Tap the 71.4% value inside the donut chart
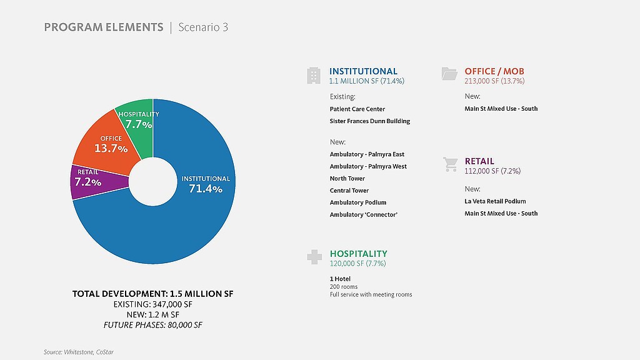click(206, 188)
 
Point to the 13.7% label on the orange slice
click(111, 148)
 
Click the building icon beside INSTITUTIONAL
click(314, 76)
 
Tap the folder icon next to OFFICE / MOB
click(449, 74)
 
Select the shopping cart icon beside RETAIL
click(450, 164)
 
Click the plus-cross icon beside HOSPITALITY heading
click(314, 257)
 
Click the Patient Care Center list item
click(357, 109)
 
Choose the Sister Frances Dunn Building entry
click(370, 121)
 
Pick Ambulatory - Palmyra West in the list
click(368, 166)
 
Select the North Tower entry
click(347, 178)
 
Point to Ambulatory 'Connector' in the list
click(364, 214)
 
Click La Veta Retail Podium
click(495, 201)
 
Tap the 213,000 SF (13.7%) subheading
click(494, 81)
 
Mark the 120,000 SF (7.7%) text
click(357, 264)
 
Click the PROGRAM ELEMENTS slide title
click(103, 27)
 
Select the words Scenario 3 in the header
click(203, 27)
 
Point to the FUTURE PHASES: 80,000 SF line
click(153, 325)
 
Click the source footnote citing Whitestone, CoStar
click(79, 352)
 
